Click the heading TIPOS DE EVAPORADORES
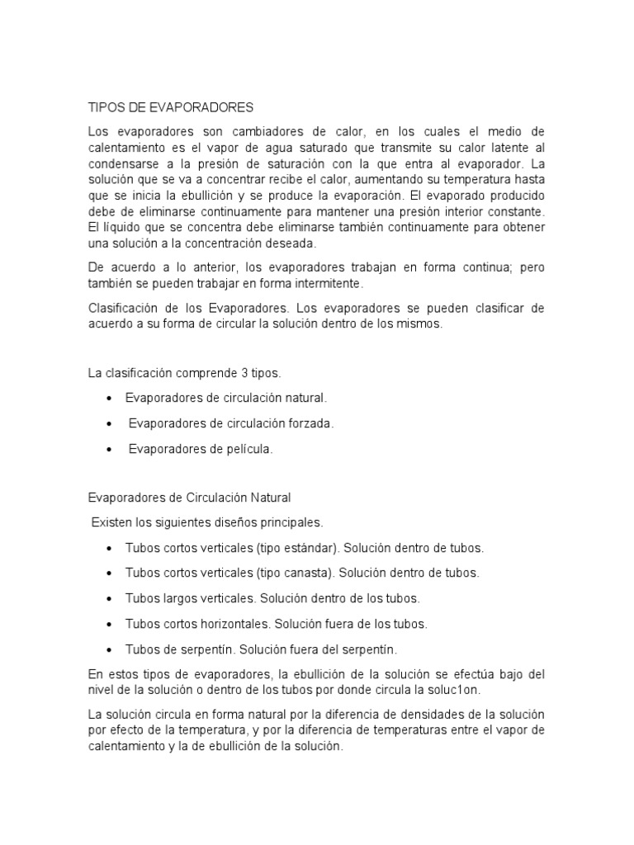pyautogui.click(x=170, y=107)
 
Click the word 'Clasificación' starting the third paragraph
pyautogui.click(x=122, y=308)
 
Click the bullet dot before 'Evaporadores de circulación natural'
pyautogui.click(x=110, y=398)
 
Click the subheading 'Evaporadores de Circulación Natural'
pyautogui.click(x=189, y=498)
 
